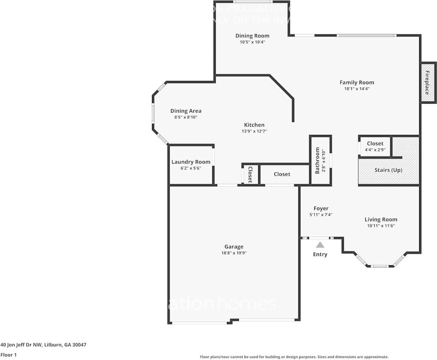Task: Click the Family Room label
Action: [x=357, y=82]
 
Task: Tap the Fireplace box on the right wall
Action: [x=428, y=83]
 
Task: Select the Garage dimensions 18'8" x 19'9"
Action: [x=234, y=253]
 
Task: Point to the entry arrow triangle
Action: [x=320, y=245]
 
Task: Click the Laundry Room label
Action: [x=191, y=162]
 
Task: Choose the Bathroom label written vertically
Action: [x=317, y=160]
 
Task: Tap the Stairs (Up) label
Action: [x=388, y=170]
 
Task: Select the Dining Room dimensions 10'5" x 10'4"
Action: [x=252, y=42]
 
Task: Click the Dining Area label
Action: [x=186, y=111]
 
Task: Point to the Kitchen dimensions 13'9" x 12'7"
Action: [x=254, y=131]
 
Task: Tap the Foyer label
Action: [x=321, y=209]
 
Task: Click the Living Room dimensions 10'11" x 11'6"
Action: [x=381, y=226]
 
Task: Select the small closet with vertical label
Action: [x=250, y=174]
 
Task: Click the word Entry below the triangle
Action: [x=320, y=254]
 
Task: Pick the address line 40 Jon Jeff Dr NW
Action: [x=43, y=345]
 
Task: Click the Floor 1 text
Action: [x=9, y=355]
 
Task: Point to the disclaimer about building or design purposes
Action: [x=294, y=357]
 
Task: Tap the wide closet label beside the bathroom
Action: [x=282, y=174]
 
